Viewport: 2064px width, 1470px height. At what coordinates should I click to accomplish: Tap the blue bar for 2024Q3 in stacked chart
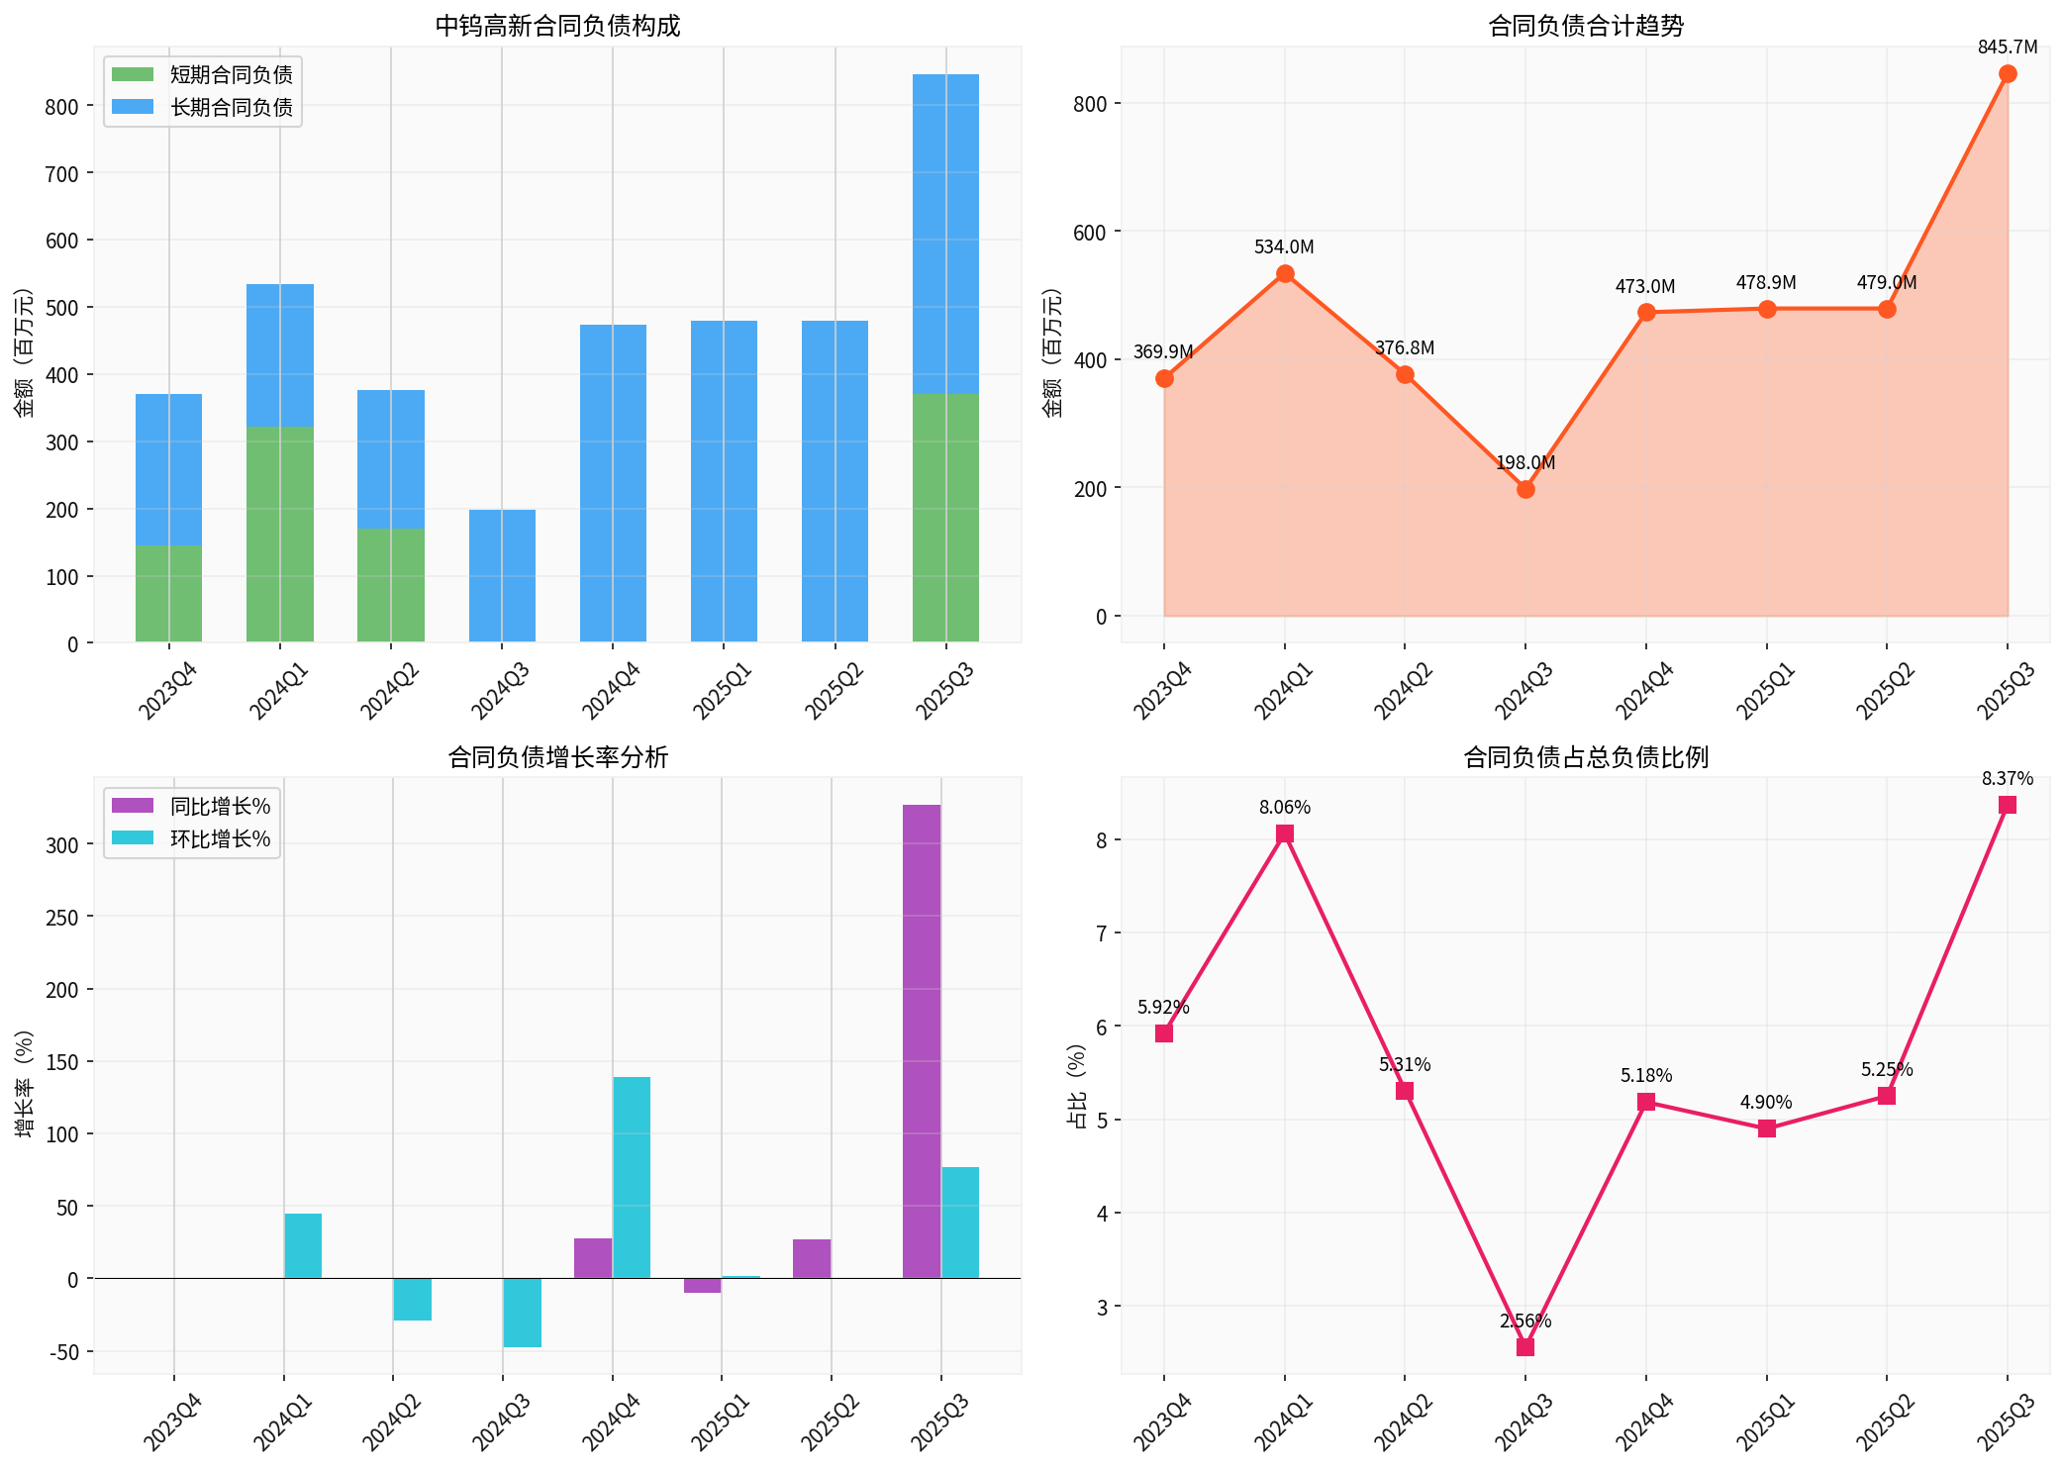tap(502, 576)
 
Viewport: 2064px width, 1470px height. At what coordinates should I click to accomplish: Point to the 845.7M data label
tap(2007, 48)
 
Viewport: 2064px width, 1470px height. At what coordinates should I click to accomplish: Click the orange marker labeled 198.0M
tap(1525, 489)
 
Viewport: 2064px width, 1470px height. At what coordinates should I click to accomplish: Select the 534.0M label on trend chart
tap(1284, 247)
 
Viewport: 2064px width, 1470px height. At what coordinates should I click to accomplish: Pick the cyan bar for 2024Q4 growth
tap(632, 1177)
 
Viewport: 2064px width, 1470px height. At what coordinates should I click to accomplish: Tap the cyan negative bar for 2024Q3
tap(522, 1313)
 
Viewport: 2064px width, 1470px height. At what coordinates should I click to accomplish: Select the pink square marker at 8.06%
tap(1284, 833)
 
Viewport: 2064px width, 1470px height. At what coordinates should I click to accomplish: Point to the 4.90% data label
tap(1766, 1103)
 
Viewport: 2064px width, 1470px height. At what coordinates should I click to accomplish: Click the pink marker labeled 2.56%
tap(1525, 1347)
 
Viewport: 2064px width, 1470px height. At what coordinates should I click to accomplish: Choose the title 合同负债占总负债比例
tap(1585, 758)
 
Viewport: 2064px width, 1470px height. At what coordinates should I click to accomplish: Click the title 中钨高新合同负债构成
tap(557, 27)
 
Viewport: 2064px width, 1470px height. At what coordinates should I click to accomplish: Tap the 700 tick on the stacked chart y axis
tap(61, 174)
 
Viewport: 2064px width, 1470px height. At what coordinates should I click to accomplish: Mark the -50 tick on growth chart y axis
tap(61, 1352)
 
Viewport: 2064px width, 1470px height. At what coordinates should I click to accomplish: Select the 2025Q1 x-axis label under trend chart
tap(1765, 690)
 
